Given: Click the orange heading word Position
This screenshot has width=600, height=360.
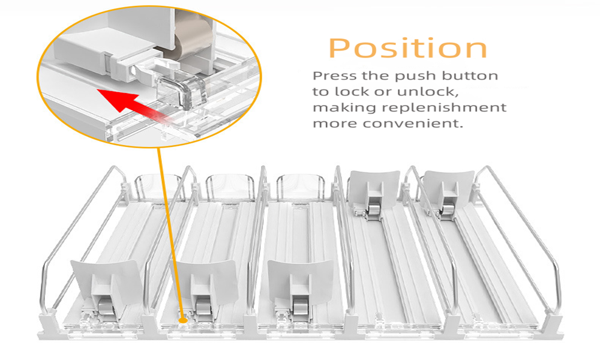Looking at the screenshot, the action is coord(408,48).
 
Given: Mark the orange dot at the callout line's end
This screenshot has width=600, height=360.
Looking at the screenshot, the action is coord(183,319).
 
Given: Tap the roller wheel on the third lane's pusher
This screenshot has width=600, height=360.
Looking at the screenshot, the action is coord(301,307).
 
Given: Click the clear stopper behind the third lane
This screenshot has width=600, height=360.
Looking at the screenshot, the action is coord(301,187).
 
